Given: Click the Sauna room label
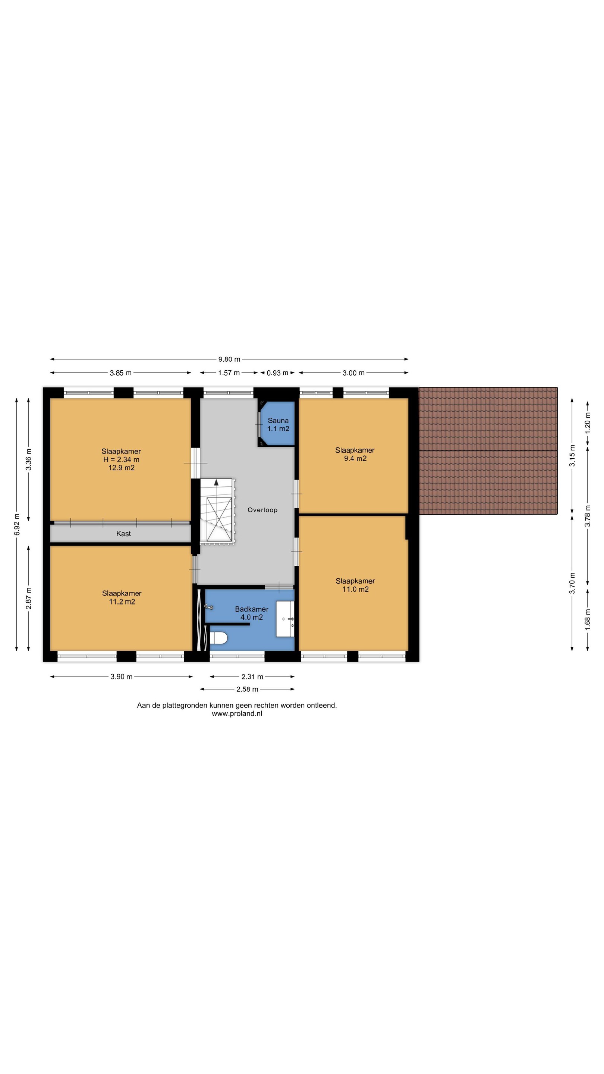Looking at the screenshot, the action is [x=278, y=421].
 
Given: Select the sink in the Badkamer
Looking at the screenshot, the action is [x=285, y=619].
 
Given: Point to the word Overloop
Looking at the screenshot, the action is [x=262, y=510].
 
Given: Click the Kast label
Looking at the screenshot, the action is [x=123, y=534].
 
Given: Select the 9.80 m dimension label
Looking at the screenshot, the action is [x=229, y=359].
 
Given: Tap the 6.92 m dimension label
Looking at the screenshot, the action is [x=17, y=524].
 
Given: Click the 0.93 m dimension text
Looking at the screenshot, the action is [x=278, y=373].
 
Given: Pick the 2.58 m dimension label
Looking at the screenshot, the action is [x=247, y=689].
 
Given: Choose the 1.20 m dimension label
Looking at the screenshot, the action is [x=588, y=423].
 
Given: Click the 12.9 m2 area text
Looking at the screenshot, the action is [x=121, y=468].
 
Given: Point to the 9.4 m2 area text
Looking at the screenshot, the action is [x=355, y=459].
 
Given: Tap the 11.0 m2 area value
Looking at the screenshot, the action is [x=356, y=589].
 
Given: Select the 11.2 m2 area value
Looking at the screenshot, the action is [x=122, y=602].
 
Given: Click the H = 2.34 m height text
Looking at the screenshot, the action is [x=121, y=459].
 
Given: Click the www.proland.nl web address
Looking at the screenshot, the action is [x=237, y=713].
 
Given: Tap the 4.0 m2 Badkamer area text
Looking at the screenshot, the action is [x=251, y=618].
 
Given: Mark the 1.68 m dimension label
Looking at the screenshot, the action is [x=588, y=620].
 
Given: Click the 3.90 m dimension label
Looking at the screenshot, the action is [x=121, y=677].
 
